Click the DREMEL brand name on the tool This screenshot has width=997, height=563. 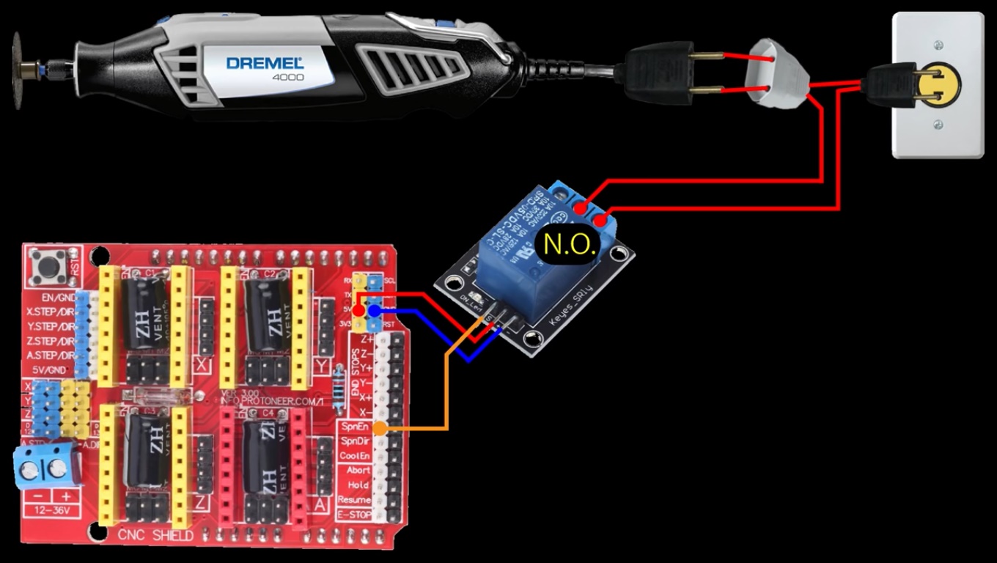(x=264, y=62)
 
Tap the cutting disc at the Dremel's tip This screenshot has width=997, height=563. (x=17, y=71)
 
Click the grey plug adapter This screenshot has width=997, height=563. (x=776, y=73)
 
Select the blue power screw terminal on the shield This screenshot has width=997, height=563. (x=45, y=466)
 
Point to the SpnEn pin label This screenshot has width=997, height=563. (x=353, y=427)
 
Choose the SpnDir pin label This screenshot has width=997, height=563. (x=354, y=441)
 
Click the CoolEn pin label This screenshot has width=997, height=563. (x=354, y=456)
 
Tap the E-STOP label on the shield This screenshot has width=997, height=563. (x=353, y=515)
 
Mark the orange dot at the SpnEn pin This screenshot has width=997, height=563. (x=380, y=428)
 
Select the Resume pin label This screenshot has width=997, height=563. (x=353, y=500)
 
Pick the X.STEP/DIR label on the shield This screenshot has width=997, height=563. (x=50, y=312)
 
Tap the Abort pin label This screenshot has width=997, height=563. (x=358, y=471)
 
